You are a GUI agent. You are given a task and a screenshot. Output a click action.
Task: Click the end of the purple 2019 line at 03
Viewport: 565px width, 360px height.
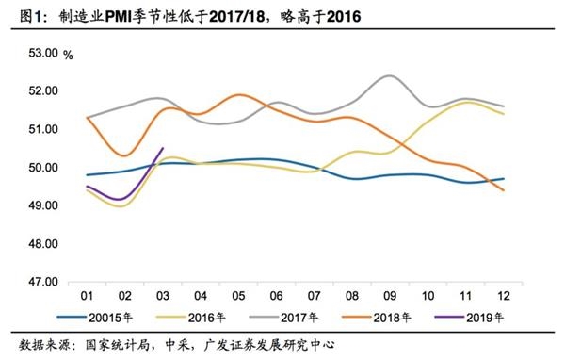coord(164,147)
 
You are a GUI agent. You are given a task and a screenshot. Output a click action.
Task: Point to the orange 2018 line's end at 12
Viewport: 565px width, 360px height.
coord(503,190)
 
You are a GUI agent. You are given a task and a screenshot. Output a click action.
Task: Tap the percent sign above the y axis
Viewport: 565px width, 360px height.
coord(68,54)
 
